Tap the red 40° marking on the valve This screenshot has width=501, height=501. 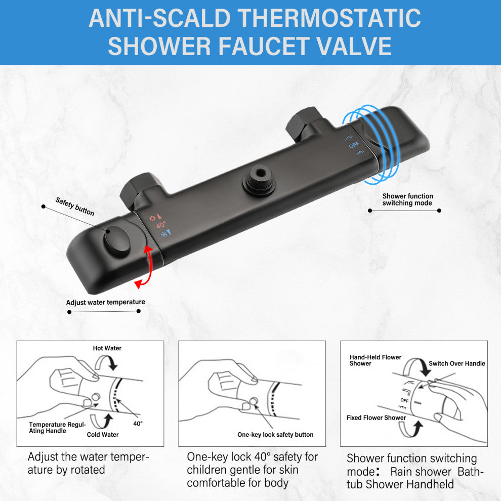[x=161, y=225]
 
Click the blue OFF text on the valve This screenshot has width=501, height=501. [x=354, y=145]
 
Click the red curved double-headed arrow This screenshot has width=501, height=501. [x=149, y=266]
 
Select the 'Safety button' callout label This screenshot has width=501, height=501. [x=75, y=206]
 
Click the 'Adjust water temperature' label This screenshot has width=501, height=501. [x=105, y=302]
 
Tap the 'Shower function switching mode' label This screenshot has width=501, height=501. [x=408, y=199]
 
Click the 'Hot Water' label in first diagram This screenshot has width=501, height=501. [x=107, y=348]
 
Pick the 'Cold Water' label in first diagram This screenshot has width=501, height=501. [x=103, y=435]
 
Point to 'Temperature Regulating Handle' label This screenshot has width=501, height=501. [x=57, y=428]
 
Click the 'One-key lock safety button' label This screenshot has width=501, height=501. [x=275, y=435]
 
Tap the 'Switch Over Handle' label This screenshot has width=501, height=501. [x=457, y=363]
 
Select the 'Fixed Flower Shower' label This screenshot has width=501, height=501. [x=376, y=418]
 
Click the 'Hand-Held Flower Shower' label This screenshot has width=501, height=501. [x=375, y=360]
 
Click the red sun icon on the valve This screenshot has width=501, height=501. [x=152, y=219]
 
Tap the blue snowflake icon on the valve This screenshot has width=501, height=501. [x=164, y=234]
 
